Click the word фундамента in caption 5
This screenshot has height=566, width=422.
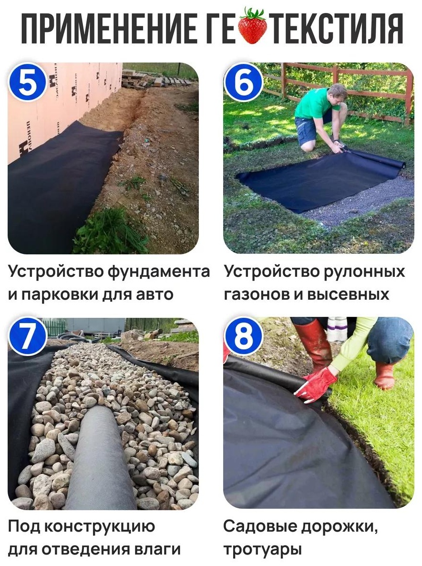coord(159,272)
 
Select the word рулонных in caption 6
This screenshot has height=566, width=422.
coord(364,273)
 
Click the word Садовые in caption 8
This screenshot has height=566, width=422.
coord(259,526)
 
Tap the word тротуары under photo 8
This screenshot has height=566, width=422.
coord(262,550)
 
